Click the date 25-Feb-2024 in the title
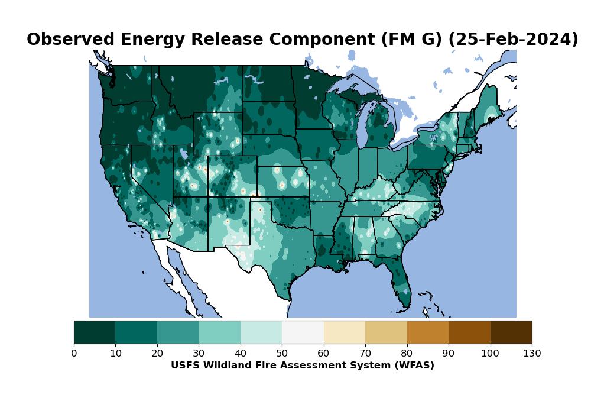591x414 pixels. [x=513, y=40]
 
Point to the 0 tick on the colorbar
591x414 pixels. [x=74, y=354]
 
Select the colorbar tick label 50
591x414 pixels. [x=282, y=354]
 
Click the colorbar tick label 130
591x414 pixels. [x=532, y=354]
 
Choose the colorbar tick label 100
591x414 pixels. [x=490, y=354]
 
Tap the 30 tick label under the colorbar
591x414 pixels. [x=199, y=354]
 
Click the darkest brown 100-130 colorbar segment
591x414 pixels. [x=511, y=332]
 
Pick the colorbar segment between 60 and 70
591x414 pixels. [x=345, y=332]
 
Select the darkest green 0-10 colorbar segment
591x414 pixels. [x=95, y=332]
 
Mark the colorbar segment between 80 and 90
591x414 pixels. [x=428, y=332]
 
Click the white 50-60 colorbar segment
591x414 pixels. [x=303, y=332]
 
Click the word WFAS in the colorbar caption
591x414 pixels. [x=416, y=366]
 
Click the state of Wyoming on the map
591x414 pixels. [x=217, y=134]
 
